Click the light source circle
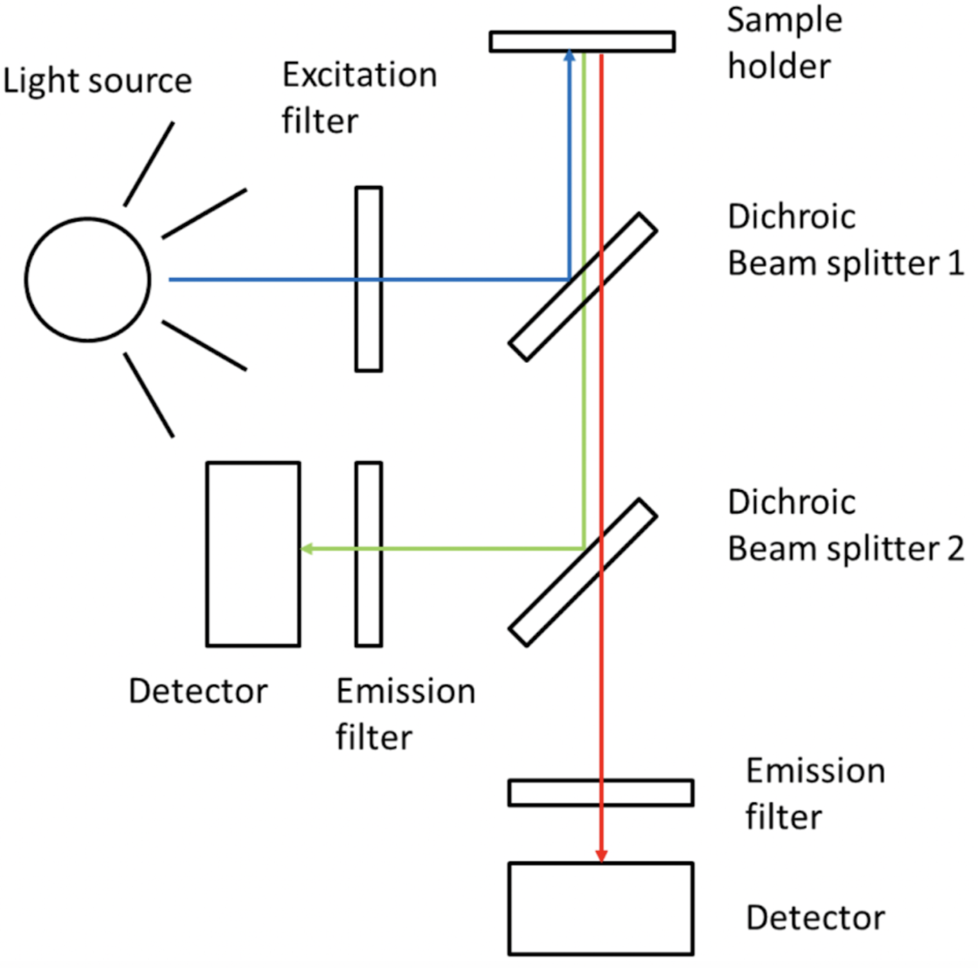(87, 279)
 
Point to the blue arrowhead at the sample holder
(569, 56)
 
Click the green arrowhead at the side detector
(307, 549)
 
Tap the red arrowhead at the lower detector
(601, 856)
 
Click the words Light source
(97, 82)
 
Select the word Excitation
(359, 75)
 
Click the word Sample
(784, 20)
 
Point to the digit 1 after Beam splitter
(955, 264)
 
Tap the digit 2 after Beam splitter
(955, 549)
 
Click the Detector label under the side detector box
(198, 691)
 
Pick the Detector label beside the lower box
(815, 918)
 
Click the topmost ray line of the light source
(149, 164)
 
